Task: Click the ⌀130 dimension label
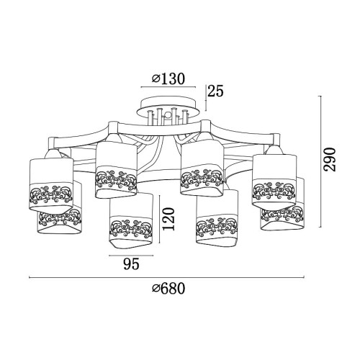pyautogui.click(x=168, y=78)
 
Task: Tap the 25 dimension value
pyautogui.click(x=215, y=91)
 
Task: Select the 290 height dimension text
pyautogui.click(x=329, y=160)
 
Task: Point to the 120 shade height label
pyautogui.click(x=168, y=219)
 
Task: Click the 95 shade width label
pyautogui.click(x=131, y=264)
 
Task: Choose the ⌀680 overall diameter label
pyautogui.click(x=168, y=288)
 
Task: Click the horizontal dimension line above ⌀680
pyautogui.click(x=166, y=277)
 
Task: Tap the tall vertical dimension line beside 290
pyautogui.click(x=320, y=161)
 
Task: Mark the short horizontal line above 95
pyautogui.click(x=131, y=256)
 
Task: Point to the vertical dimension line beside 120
pyautogui.click(x=159, y=220)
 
